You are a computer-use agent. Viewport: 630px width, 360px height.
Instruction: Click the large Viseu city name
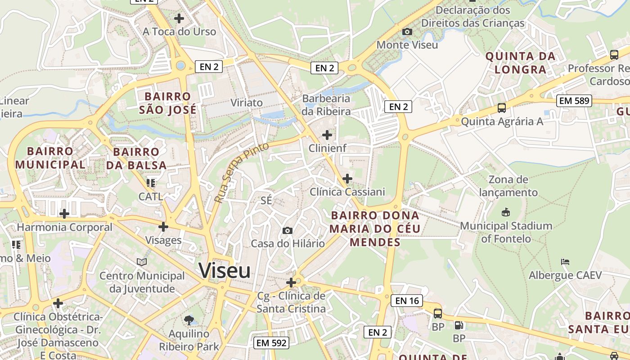225,271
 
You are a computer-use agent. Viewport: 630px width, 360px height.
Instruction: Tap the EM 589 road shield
573,101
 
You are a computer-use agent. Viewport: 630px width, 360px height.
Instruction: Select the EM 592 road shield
270,343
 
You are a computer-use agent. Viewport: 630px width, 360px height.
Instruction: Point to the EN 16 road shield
407,301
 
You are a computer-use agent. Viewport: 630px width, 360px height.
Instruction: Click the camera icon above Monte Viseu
407,32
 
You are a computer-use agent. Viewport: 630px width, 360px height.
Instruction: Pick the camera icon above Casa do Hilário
287,231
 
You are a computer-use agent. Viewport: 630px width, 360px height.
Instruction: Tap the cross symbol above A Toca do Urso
179,18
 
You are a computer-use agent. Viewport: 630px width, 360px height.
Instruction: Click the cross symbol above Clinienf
327,135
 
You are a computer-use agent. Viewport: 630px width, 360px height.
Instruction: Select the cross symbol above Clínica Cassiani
347,179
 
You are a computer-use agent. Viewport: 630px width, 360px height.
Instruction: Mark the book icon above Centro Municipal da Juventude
142,262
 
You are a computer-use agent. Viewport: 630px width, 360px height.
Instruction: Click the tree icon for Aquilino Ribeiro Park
189,320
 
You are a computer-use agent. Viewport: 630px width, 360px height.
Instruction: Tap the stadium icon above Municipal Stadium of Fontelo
506,212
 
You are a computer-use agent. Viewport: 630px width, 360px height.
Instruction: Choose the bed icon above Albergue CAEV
565,261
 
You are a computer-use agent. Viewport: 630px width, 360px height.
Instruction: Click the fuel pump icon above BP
459,325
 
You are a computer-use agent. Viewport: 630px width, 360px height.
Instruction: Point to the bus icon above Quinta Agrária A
501,108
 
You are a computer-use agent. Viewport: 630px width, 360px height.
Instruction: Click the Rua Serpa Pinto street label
241,172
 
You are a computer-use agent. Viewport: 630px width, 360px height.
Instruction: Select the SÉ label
266,200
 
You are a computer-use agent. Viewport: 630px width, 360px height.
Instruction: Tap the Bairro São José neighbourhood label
167,103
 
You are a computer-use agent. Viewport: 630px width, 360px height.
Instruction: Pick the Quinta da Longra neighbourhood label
520,63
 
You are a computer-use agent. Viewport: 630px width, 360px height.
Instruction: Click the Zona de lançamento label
508,186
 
